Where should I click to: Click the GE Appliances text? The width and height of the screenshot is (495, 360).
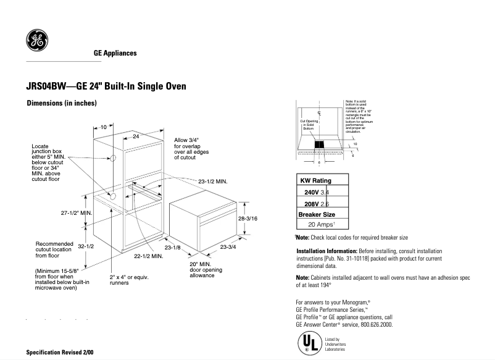tap(115, 53)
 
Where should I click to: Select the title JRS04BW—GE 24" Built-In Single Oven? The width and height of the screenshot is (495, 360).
tap(106, 86)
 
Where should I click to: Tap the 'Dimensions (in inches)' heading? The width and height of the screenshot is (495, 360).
tap(61, 104)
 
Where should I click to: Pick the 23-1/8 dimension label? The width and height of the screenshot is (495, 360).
tap(172, 248)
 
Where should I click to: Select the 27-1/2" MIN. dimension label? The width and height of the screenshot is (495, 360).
tap(76, 213)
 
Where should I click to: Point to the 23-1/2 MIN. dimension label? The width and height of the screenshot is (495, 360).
tap(213, 182)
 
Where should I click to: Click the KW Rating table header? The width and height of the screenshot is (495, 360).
tap(315, 181)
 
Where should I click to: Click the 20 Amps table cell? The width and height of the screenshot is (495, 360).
tap(322, 225)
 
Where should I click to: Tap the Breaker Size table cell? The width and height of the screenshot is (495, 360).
tap(317, 214)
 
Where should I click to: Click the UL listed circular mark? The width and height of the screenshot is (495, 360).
tap(308, 343)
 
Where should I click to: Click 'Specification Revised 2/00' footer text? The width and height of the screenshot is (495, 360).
tap(60, 352)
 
